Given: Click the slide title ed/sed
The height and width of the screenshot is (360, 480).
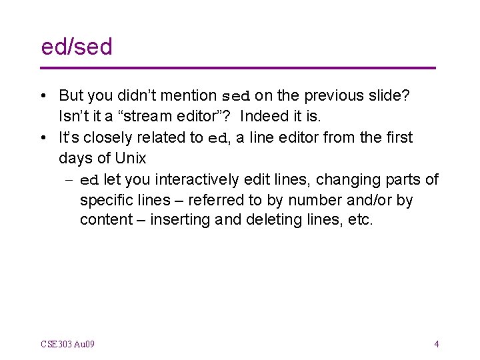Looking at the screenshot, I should (77, 47).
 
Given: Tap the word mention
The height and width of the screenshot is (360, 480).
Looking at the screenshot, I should (191, 96).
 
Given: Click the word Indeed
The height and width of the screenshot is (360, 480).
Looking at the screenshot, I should (264, 117).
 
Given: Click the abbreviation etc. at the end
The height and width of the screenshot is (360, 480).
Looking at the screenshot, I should (361, 220).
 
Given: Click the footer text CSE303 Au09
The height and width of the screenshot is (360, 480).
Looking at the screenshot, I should (67, 345).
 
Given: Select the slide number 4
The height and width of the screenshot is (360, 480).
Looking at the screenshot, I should (436, 345).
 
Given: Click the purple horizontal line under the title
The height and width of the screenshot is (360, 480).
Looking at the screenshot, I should (238, 68).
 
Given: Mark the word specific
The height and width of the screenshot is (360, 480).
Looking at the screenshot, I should (106, 200).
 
